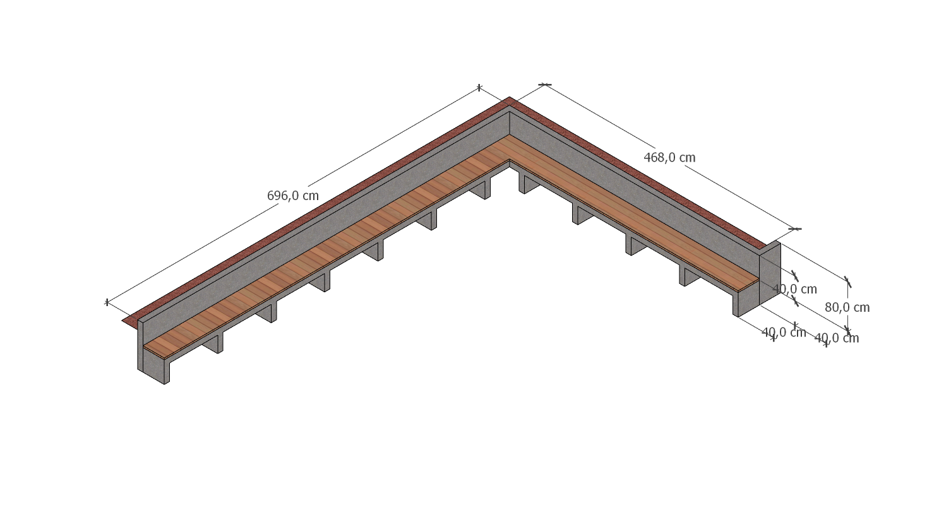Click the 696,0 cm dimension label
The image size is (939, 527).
292,196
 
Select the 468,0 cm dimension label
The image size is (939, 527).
669,158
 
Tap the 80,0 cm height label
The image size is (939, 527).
847,307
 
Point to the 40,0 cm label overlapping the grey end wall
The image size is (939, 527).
794,289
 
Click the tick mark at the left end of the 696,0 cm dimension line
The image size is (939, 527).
107,302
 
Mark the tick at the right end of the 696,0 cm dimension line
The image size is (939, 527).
479,88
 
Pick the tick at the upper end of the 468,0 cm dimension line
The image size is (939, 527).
544,85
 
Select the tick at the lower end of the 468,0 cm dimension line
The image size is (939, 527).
795,229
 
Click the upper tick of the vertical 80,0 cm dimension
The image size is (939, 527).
847,281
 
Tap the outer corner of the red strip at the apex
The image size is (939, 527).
510,97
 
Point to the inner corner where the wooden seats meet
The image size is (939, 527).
510,160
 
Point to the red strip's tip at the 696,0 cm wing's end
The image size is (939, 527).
124,321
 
